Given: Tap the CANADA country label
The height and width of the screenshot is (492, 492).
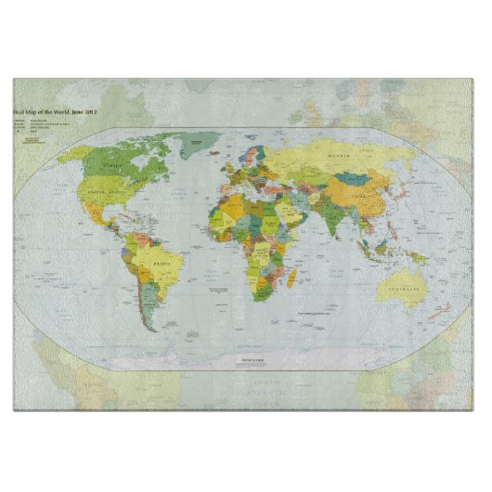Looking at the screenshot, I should (x=114, y=165).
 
